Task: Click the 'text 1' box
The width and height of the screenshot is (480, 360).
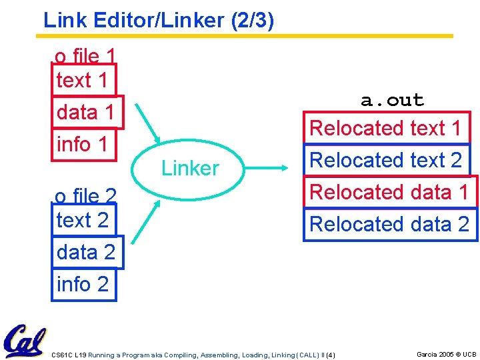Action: pyautogui.click(x=83, y=80)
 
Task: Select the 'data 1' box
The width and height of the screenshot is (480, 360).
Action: pyautogui.click(x=87, y=112)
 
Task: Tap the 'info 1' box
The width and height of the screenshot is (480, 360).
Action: pyautogui.click(x=83, y=143)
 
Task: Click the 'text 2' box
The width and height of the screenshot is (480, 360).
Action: pyautogui.click(x=83, y=220)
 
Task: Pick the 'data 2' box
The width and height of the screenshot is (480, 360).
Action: pyautogui.click(x=87, y=252)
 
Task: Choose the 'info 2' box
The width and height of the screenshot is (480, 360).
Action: pyautogui.click(x=83, y=284)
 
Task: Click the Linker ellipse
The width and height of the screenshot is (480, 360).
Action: pyautogui.click(x=190, y=168)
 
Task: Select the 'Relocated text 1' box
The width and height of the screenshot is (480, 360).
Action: pyautogui.click(x=386, y=127)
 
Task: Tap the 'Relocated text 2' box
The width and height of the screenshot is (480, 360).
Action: pyautogui.click(x=386, y=160)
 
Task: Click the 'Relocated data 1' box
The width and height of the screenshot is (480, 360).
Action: pyautogui.click(x=389, y=192)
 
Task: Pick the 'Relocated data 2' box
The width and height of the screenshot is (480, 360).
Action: pyautogui.click(x=389, y=224)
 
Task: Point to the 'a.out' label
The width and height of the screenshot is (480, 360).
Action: pyautogui.click(x=392, y=101)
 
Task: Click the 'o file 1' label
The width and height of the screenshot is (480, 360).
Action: pyautogui.click(x=85, y=56)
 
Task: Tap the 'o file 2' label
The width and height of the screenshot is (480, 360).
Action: pyautogui.click(x=85, y=195)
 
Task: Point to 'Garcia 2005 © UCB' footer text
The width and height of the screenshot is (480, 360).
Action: pyautogui.click(x=446, y=354)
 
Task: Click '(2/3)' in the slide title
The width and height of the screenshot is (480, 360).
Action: pyautogui.click(x=251, y=20)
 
